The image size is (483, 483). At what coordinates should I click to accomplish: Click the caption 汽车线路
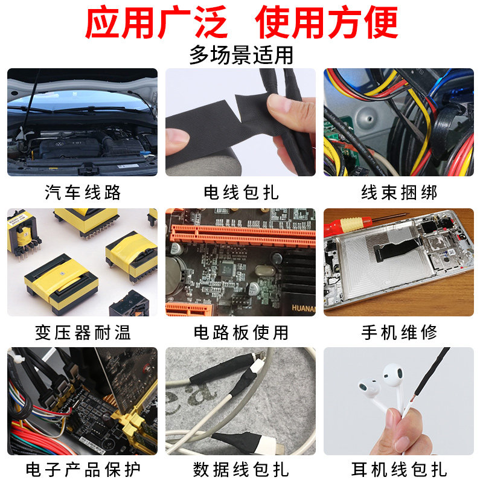point(83,193)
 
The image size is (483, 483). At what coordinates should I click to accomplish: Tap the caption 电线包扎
point(241,193)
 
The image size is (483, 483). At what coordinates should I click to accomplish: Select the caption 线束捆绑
point(399,193)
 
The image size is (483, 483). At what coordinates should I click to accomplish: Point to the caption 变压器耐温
point(83,333)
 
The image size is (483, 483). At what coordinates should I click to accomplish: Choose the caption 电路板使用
point(241,333)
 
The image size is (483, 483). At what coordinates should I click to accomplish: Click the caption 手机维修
point(399,333)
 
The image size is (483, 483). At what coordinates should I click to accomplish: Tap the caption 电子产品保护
point(83,470)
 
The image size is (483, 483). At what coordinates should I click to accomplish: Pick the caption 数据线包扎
point(241,470)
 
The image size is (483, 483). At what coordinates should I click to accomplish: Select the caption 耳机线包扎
point(399,470)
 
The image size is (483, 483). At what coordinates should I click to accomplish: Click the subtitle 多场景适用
point(241,55)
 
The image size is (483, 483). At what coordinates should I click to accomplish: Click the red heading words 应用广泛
point(156,22)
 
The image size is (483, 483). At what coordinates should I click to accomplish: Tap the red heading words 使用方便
point(327,22)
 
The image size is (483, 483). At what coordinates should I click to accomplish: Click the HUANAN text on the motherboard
point(304,308)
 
